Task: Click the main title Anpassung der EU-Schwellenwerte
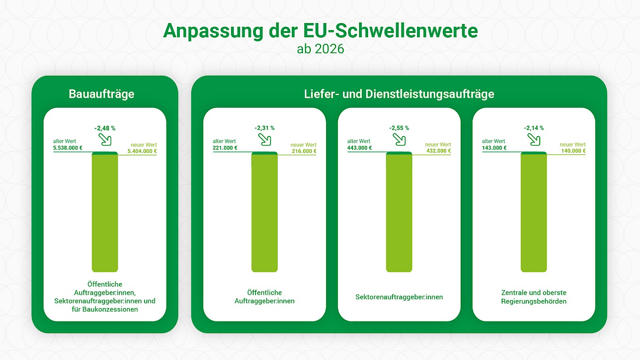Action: pyautogui.click(x=320, y=31)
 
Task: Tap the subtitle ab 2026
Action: pyautogui.click(x=320, y=49)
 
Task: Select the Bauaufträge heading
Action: pyautogui.click(x=101, y=94)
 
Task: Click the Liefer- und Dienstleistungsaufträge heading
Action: pyautogui.click(x=399, y=94)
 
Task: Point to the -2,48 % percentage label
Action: pyautogui.click(x=105, y=128)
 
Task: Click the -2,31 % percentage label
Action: pyautogui.click(x=264, y=128)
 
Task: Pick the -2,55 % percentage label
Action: pyautogui.click(x=399, y=128)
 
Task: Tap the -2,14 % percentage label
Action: pyautogui.click(x=534, y=128)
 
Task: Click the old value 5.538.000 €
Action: pyautogui.click(x=68, y=148)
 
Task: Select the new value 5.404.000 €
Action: pyautogui.click(x=142, y=151)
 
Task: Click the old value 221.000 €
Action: pyautogui.click(x=225, y=148)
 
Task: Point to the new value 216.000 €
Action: pyautogui.click(x=304, y=151)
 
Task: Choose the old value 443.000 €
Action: pyautogui.click(x=360, y=148)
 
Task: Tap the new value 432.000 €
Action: pyautogui.click(x=439, y=151)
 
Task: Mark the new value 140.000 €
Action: pyautogui.click(x=573, y=151)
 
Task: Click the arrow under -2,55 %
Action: pyautogui.click(x=399, y=139)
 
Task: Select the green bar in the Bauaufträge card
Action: pyautogui.click(x=105, y=212)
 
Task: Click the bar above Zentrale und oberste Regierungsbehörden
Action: pyautogui.click(x=534, y=212)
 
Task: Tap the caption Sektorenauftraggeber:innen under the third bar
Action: pyautogui.click(x=399, y=297)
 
